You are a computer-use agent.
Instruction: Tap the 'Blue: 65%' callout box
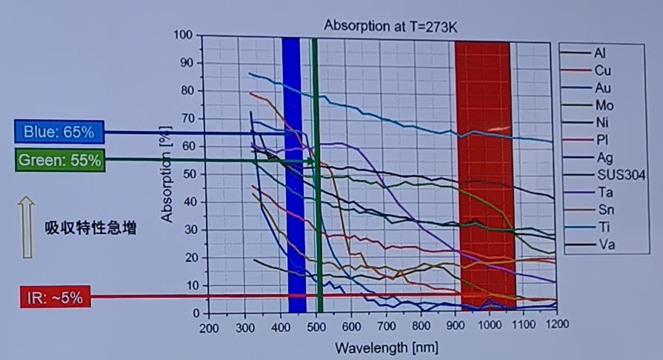[x=59, y=133]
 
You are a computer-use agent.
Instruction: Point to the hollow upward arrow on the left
[x=26, y=227]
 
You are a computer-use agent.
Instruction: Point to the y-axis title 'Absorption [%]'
[x=167, y=174]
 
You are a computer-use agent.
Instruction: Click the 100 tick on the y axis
[x=182, y=36]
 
